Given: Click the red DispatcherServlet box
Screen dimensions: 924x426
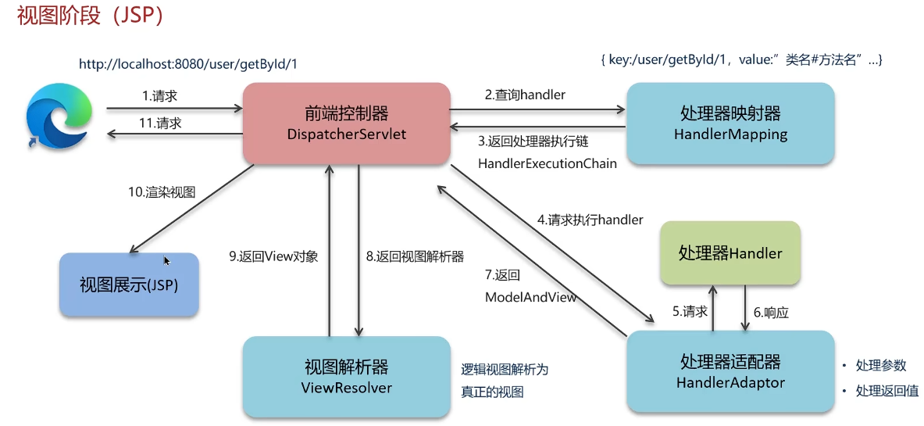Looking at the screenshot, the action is tap(347, 124).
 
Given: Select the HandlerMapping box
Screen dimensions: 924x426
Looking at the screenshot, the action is tap(730, 124).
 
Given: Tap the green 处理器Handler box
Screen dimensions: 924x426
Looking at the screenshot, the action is tap(730, 254).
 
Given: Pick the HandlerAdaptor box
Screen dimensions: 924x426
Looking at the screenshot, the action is tap(730, 371).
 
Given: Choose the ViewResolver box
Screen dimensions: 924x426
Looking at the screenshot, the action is tap(347, 377).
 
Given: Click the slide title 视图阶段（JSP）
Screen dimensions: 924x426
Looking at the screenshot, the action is tap(90, 16).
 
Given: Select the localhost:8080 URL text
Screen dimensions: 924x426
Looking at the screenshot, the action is tap(188, 64).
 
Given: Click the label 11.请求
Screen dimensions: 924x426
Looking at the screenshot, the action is tap(160, 124).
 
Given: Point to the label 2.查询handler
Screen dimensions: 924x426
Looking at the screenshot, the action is tap(525, 95).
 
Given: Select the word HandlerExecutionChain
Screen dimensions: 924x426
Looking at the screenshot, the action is tap(548, 164).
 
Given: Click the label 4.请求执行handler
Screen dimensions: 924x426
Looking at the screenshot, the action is tap(590, 220).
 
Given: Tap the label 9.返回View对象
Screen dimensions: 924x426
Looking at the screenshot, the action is tap(273, 256).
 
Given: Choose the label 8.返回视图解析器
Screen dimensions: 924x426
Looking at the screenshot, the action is tap(415, 256).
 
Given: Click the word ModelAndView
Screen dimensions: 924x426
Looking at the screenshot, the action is tap(530, 297).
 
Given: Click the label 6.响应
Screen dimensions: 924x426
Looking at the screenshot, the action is tap(772, 313).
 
